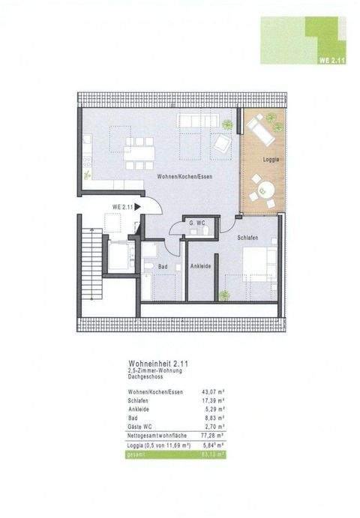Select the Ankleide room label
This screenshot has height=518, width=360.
point(200,267)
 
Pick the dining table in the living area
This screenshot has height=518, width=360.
point(140,150)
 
